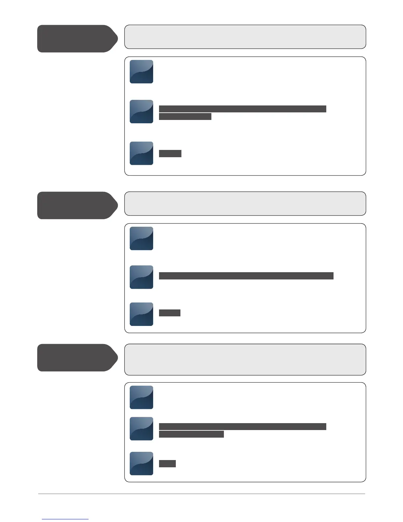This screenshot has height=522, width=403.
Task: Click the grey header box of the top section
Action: tap(245, 37)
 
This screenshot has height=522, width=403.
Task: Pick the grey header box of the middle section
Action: tap(245, 203)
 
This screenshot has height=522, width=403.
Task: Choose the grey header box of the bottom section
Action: tap(245, 360)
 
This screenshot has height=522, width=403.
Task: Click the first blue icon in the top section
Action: tap(141, 72)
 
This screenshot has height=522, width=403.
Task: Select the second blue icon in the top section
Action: tap(141, 111)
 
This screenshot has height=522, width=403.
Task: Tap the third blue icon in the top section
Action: tap(141, 153)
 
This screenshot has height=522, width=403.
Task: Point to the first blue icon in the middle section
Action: tap(141, 238)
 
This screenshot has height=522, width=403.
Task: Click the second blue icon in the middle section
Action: tap(141, 277)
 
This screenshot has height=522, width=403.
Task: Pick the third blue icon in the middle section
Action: tap(141, 314)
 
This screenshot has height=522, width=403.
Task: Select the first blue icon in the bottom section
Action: tap(141, 397)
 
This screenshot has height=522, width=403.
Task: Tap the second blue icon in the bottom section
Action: tap(141, 428)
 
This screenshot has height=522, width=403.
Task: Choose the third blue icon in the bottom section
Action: tap(141, 463)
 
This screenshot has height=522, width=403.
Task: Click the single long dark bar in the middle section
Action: tap(246, 276)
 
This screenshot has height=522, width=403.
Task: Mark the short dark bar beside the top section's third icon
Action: tap(170, 153)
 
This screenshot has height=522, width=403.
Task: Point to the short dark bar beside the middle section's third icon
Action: tap(170, 313)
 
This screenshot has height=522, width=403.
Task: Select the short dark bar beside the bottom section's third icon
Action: tap(167, 464)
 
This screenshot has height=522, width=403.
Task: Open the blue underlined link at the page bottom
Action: tap(65, 519)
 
